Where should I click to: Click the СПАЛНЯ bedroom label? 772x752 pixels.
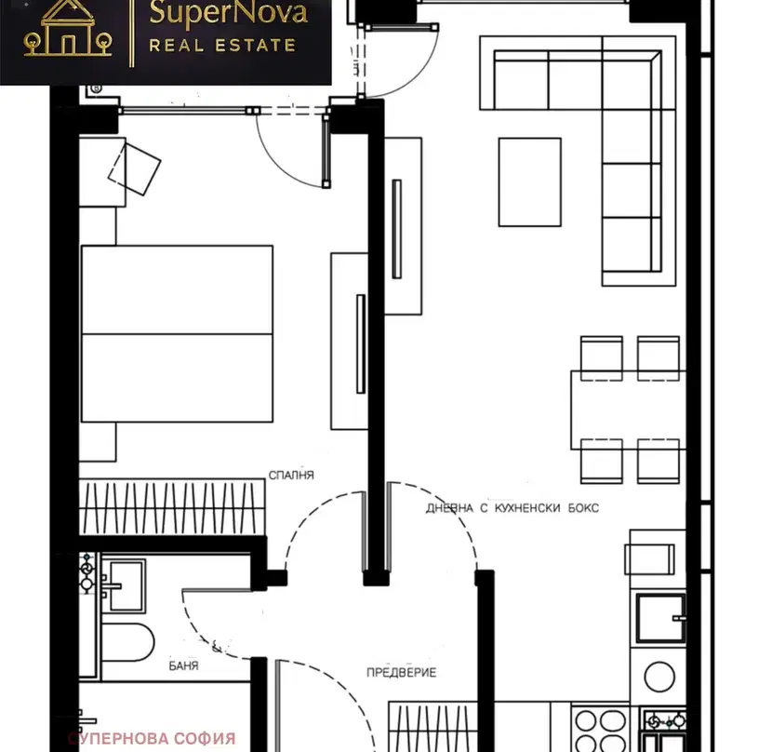(x=291, y=475)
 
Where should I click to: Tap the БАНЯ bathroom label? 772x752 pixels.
(x=183, y=666)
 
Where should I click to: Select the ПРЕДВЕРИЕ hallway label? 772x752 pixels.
(x=401, y=673)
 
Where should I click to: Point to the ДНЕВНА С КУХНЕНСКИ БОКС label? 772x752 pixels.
(x=512, y=508)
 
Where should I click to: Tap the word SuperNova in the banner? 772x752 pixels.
(x=229, y=13)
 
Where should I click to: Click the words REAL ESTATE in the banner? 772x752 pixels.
(x=222, y=46)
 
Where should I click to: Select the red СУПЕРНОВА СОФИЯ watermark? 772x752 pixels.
(x=152, y=739)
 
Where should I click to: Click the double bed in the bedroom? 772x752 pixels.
(x=177, y=333)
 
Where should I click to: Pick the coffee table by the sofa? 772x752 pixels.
(x=530, y=181)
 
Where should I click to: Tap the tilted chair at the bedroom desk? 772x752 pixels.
(x=134, y=169)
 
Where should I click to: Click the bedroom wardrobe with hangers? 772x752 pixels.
(x=172, y=506)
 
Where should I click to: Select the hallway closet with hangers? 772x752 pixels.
(x=433, y=726)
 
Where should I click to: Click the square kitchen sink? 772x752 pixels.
(x=660, y=619)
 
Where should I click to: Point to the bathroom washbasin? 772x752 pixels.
(x=124, y=585)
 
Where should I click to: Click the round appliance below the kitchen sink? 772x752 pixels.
(x=659, y=677)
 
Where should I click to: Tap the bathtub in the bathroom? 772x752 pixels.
(x=127, y=642)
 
